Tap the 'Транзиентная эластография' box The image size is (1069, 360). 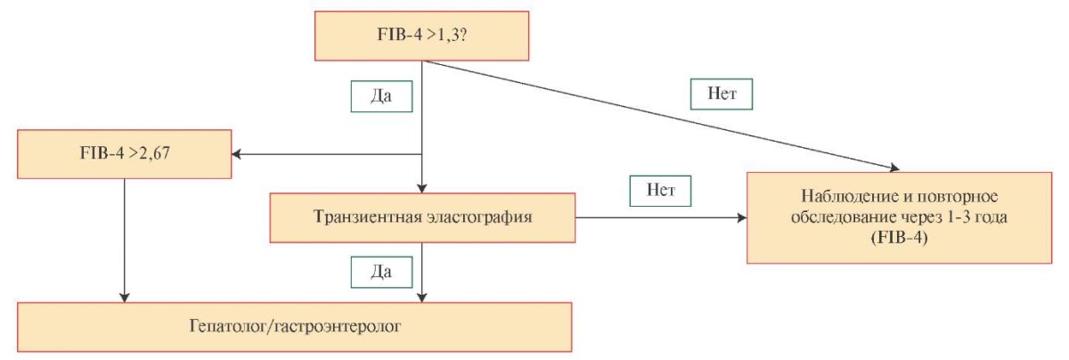[421, 217]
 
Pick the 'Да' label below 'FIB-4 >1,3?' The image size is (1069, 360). [380, 96]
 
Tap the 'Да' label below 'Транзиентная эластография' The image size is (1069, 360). [380, 270]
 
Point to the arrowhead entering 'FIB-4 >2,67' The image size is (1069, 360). [238, 153]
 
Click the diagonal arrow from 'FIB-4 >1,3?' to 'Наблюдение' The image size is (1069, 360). [659, 115]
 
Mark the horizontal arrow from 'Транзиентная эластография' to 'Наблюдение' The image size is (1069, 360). [659, 218]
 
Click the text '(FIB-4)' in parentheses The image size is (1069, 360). [902, 239]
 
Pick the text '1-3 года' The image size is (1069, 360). [978, 217]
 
